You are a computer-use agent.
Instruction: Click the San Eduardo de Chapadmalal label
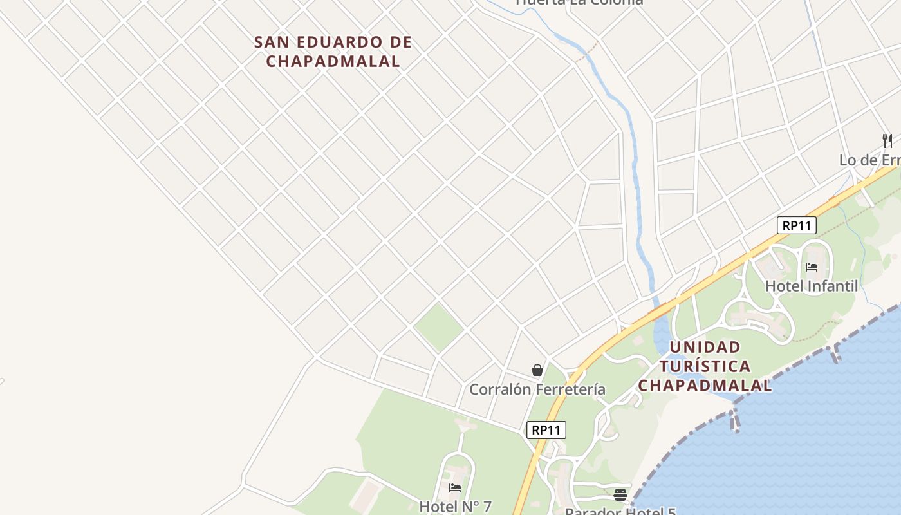333,51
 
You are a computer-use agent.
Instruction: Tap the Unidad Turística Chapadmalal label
705,366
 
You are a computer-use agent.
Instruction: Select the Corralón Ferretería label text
537,389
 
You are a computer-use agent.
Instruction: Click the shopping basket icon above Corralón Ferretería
537,370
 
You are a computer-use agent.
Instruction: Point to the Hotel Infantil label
811,286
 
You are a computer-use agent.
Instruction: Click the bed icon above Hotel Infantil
812,267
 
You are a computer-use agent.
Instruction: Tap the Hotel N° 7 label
455,507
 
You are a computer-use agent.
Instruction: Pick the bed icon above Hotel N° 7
455,488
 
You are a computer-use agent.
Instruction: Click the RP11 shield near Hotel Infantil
797,225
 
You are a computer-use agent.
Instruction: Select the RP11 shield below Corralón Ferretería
546,430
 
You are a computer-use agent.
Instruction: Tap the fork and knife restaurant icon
887,140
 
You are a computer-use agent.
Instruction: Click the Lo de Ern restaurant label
869,160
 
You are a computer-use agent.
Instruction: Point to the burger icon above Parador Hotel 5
620,494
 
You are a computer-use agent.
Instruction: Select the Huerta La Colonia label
579,2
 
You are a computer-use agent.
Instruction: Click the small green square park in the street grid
439,328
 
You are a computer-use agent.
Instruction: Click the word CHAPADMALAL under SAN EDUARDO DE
333,61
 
